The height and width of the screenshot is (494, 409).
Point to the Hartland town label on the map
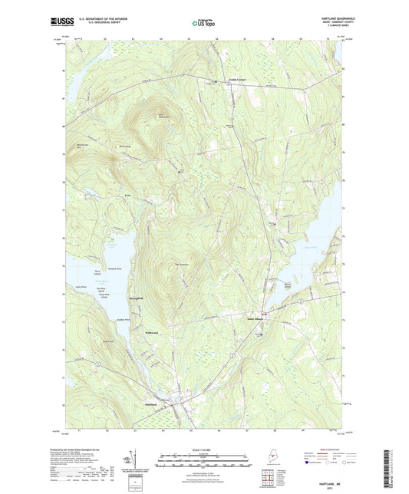[x=150, y=403]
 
